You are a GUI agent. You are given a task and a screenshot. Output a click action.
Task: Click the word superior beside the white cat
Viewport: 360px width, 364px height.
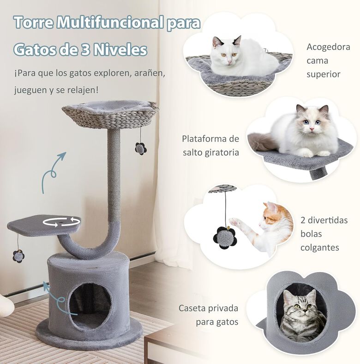point(324,75)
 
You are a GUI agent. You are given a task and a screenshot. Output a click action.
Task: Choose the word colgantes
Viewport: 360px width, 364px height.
point(320,248)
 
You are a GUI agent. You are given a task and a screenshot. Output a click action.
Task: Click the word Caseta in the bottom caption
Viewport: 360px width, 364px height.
point(192,308)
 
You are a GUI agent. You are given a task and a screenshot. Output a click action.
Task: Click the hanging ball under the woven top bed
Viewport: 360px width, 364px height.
point(141,149)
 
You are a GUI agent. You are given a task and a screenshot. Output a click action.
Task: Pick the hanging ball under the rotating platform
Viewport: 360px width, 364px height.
point(18,256)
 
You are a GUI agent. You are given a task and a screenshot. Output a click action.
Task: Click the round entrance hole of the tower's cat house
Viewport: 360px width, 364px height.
point(90,306)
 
